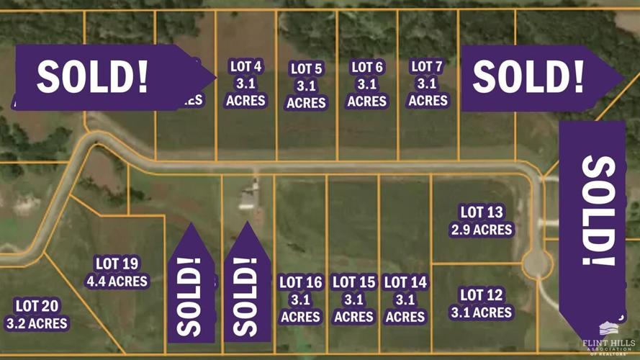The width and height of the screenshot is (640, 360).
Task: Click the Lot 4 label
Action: tap(246, 84)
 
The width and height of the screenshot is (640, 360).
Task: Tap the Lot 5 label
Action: tap(307, 86)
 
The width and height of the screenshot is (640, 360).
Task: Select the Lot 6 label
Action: tap(367, 84)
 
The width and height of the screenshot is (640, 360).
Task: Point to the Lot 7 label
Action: tap(428, 84)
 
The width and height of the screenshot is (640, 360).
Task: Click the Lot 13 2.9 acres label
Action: tap(482, 221)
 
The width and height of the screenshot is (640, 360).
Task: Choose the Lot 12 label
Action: tap(482, 303)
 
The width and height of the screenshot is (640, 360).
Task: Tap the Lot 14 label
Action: tap(405, 300)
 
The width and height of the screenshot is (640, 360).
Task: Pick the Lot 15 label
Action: tap(353, 300)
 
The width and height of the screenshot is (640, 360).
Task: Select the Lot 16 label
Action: tap(300, 300)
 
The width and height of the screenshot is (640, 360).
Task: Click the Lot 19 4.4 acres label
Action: tap(117, 272)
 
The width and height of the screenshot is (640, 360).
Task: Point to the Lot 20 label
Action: tap(37, 315)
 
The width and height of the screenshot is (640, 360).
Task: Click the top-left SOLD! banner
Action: tap(101, 77)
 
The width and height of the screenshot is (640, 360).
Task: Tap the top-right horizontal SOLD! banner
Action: tap(533, 77)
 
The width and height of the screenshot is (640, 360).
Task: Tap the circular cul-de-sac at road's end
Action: tap(536, 263)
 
